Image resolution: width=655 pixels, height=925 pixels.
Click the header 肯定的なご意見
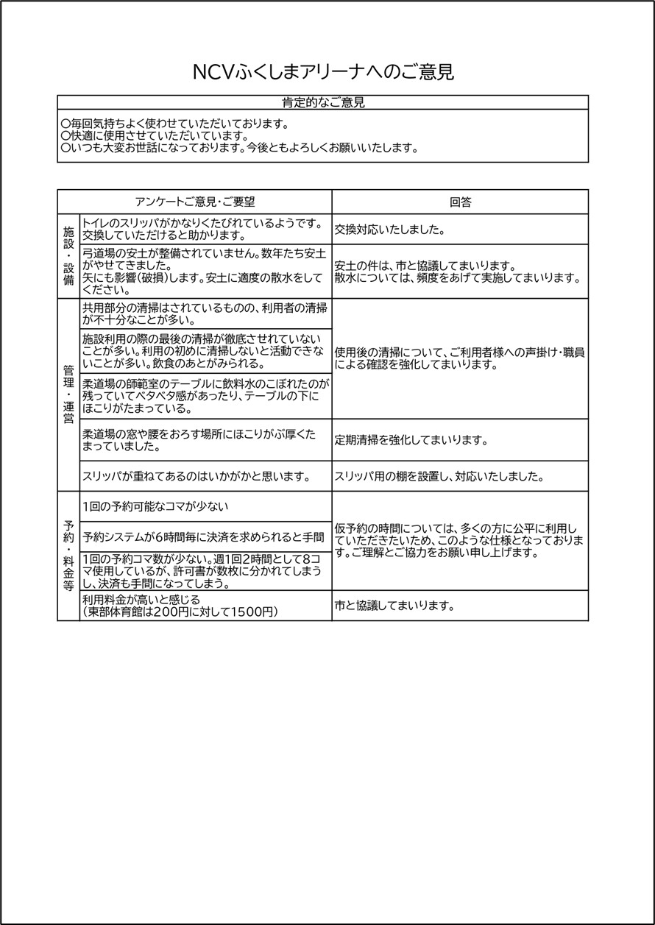(323, 102)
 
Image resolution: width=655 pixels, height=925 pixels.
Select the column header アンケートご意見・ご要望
(194, 202)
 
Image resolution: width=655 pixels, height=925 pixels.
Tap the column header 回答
(460, 202)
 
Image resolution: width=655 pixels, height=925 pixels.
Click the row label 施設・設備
(68, 255)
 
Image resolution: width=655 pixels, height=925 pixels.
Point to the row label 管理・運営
(68, 394)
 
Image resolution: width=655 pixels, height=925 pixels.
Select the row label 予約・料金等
(68, 556)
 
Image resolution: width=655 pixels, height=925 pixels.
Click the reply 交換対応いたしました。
(389, 230)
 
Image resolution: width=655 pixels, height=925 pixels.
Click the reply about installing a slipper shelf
(439, 477)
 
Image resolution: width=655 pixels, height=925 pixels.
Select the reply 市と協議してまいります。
(393, 607)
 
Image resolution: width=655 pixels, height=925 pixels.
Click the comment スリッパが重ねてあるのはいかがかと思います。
(196, 477)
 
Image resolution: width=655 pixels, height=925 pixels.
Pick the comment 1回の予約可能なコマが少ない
(155, 506)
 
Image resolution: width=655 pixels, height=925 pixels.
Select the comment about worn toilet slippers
(202, 229)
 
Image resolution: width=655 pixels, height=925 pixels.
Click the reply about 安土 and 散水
(457, 272)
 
